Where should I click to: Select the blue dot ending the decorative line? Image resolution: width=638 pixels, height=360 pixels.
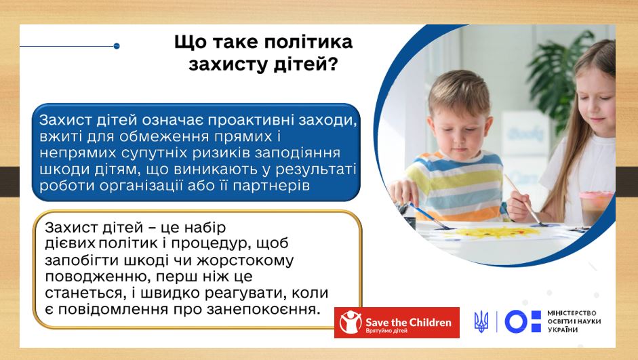[x=117, y=46]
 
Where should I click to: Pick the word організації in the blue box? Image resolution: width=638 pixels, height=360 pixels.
[x=140, y=186]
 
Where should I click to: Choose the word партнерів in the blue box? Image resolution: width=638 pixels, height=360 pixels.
[x=271, y=186]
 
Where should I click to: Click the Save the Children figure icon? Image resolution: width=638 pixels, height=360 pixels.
[x=351, y=323]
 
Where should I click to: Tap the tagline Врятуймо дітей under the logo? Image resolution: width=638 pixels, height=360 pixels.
[x=386, y=331]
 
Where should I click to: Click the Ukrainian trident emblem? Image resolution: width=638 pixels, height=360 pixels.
[x=481, y=321]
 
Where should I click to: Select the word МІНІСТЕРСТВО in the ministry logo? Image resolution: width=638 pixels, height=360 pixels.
[x=572, y=313]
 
